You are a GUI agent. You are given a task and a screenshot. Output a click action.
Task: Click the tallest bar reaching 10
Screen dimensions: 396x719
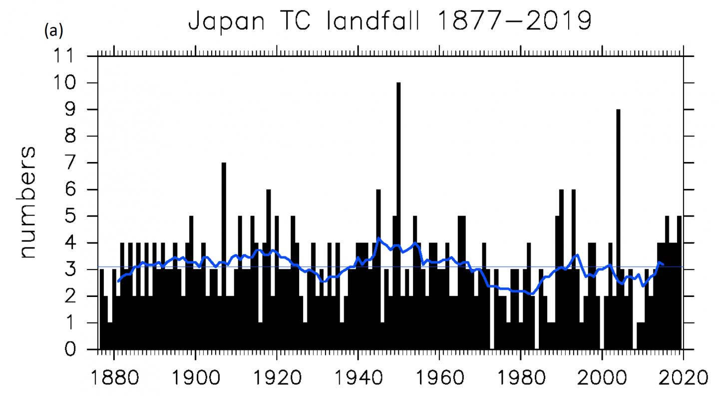pyautogui.click(x=398, y=200)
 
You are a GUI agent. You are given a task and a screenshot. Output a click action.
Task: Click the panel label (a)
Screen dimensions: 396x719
pyautogui.click(x=53, y=31)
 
